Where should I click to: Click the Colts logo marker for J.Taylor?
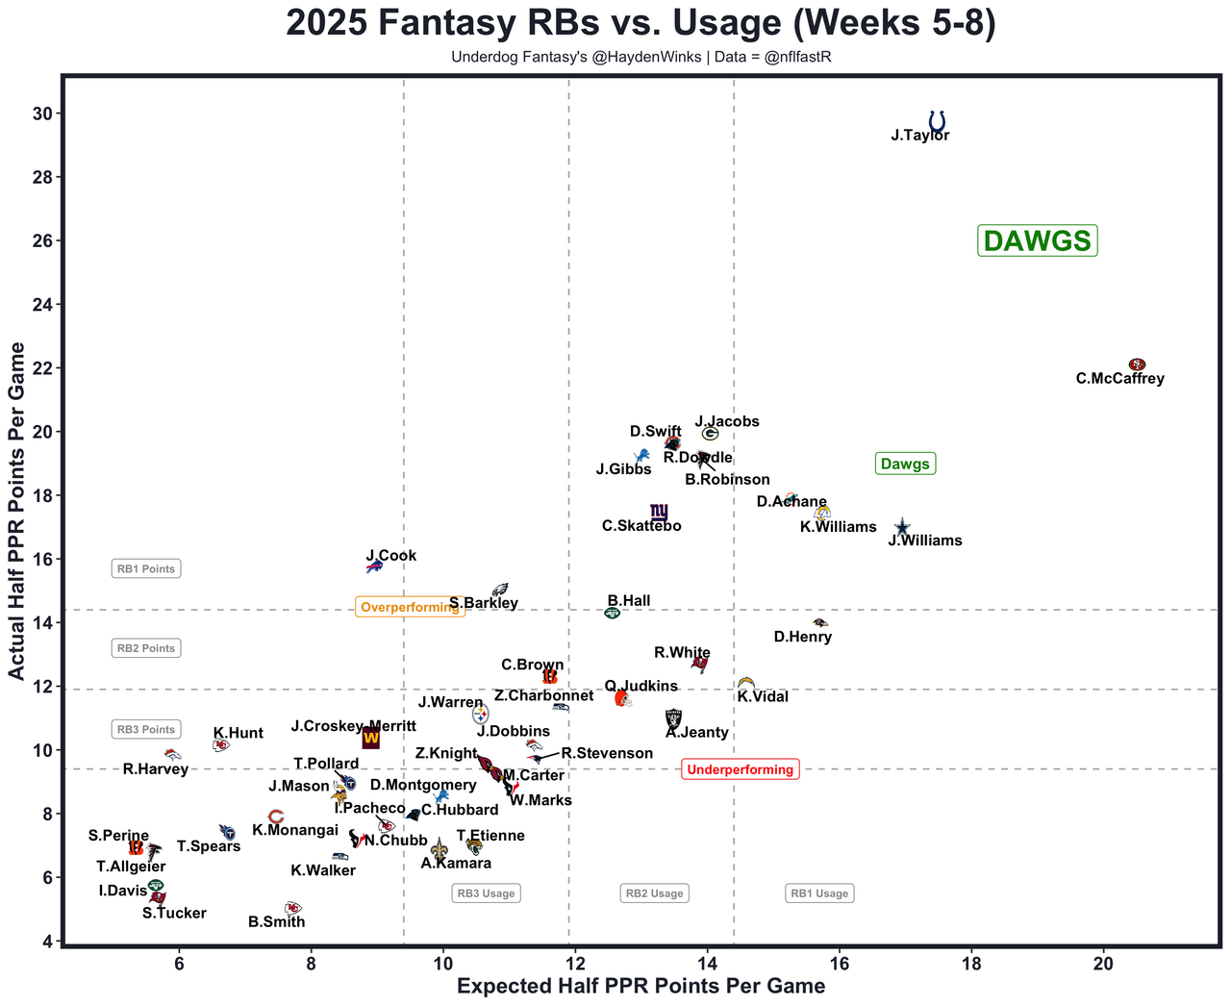click(937, 121)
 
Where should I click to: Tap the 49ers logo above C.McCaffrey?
click(1137, 365)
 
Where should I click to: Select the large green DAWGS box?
click(1037, 240)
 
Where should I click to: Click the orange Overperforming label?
click(410, 607)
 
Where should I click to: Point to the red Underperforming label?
click(740, 769)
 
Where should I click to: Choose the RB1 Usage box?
click(819, 893)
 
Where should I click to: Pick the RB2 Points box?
click(146, 648)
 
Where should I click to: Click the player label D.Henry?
click(802, 637)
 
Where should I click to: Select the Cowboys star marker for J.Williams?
click(902, 527)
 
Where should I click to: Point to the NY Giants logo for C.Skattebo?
click(659, 512)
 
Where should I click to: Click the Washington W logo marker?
click(370, 739)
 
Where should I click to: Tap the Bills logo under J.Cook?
click(374, 567)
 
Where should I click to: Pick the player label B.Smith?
click(276, 921)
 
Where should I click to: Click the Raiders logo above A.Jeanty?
click(673, 717)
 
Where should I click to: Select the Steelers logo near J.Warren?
click(480, 715)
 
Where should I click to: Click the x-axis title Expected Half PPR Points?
click(641, 986)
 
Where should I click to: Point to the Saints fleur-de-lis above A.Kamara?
click(439, 848)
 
